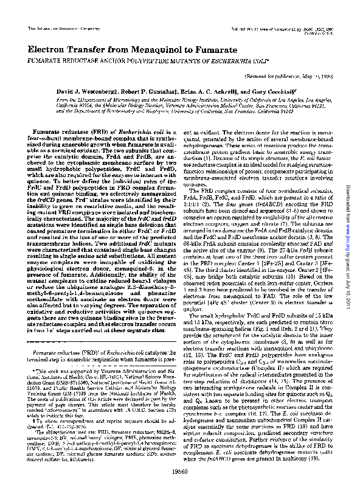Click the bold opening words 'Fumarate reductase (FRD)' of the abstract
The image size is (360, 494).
(x=71, y=131)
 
